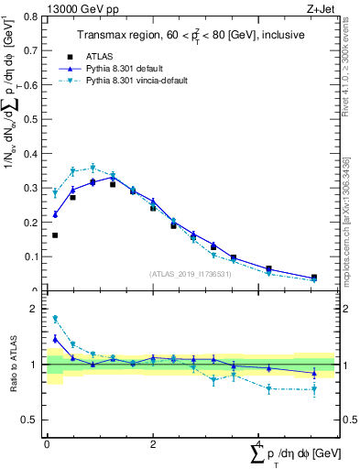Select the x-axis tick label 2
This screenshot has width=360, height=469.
click(x=153, y=444)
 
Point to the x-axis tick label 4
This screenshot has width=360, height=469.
click(x=259, y=444)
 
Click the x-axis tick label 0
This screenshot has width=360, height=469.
click(x=47, y=444)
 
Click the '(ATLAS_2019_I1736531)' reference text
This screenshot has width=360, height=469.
click(x=191, y=274)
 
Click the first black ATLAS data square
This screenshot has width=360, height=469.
click(x=55, y=235)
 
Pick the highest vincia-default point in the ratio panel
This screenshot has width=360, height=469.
click(x=55, y=319)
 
